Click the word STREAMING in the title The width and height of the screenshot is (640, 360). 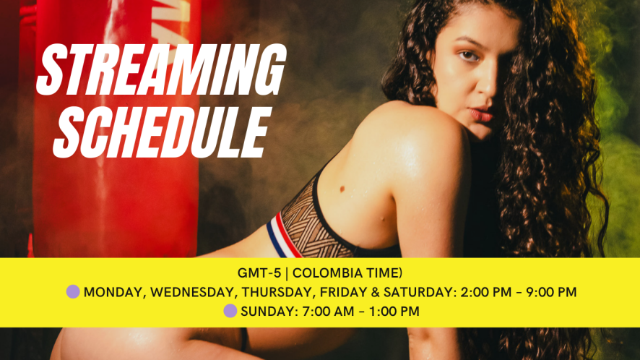click(161, 69)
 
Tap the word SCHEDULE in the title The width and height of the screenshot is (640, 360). click(162, 132)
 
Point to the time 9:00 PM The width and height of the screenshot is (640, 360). click(551, 292)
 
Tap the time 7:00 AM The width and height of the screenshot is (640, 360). click(328, 312)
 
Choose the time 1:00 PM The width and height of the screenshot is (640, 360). click(394, 312)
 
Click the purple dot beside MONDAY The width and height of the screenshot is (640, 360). click(73, 292)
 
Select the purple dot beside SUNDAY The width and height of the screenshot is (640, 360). click(230, 311)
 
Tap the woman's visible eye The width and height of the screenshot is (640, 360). click(469, 56)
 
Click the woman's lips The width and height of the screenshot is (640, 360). click(481, 114)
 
